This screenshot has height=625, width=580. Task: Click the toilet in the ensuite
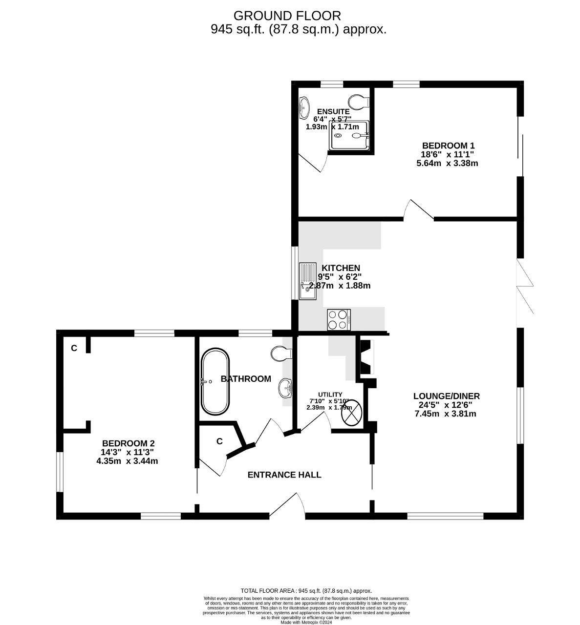pos(359,102)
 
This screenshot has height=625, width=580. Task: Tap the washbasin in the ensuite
pos(304,108)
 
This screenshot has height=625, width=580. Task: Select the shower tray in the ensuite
pos(349,135)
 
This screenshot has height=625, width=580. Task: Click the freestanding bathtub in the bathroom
pos(215,381)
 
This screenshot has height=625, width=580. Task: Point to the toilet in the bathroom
pos(281,353)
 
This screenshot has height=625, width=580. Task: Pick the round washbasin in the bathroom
pos(285,388)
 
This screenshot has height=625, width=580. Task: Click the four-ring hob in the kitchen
pos(339,320)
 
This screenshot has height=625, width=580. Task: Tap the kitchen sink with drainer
pos(308,281)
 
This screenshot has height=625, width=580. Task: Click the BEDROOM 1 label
pos(448,146)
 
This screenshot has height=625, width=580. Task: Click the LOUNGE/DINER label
pos(447,396)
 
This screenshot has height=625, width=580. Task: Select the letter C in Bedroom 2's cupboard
pos(74,348)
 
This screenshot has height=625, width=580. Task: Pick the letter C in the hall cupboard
pos(219,441)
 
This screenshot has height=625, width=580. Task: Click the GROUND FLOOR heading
pos(287,16)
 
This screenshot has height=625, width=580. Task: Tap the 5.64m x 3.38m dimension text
pos(448,164)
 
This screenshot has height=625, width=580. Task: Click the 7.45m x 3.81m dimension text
pos(446,414)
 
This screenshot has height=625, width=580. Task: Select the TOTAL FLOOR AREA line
pos(306,591)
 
